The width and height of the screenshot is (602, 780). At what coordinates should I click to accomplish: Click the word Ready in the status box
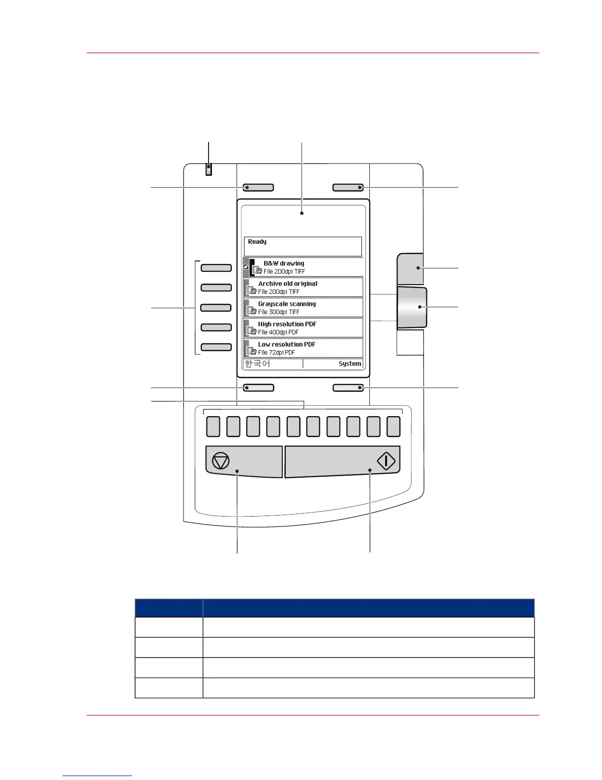pos(257,242)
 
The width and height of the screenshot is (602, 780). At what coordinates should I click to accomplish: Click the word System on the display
pos(350,364)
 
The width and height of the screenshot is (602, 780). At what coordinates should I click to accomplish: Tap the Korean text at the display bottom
pos(257,364)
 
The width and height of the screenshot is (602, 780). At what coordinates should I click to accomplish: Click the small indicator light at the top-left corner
pos(209,170)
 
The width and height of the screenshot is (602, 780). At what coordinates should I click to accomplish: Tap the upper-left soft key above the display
pos(258,188)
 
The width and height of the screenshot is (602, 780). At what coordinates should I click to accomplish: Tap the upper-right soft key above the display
pos(348,188)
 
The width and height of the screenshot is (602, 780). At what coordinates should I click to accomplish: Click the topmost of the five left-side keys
pos(216,268)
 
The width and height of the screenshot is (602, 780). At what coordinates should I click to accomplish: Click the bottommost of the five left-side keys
pos(216,347)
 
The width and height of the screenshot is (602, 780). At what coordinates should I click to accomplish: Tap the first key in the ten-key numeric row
pos(213,426)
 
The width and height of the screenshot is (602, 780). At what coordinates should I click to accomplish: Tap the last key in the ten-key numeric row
pos(393,426)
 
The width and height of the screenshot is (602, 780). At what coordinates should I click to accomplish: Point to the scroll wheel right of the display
pos(412,308)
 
